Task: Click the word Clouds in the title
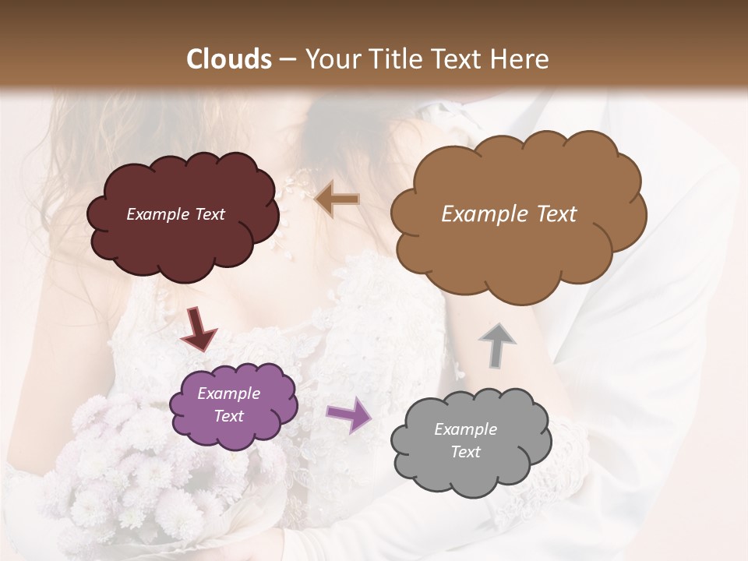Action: pyautogui.click(x=228, y=59)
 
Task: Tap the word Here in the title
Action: pyautogui.click(x=519, y=59)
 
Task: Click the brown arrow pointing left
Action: pyautogui.click(x=337, y=199)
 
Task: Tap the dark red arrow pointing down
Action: pyautogui.click(x=198, y=329)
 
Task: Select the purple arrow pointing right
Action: pyautogui.click(x=349, y=414)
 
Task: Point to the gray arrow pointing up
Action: pyautogui.click(x=496, y=344)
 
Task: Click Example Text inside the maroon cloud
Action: pyautogui.click(x=175, y=214)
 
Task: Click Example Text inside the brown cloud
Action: pyautogui.click(x=509, y=214)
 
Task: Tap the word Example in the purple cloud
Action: pyautogui.click(x=228, y=393)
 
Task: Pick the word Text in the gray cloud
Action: pyautogui.click(x=465, y=452)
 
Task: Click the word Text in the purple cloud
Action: pyautogui.click(x=228, y=416)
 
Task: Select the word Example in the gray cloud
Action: pyautogui.click(x=465, y=429)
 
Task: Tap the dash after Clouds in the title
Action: pyautogui.click(x=288, y=59)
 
